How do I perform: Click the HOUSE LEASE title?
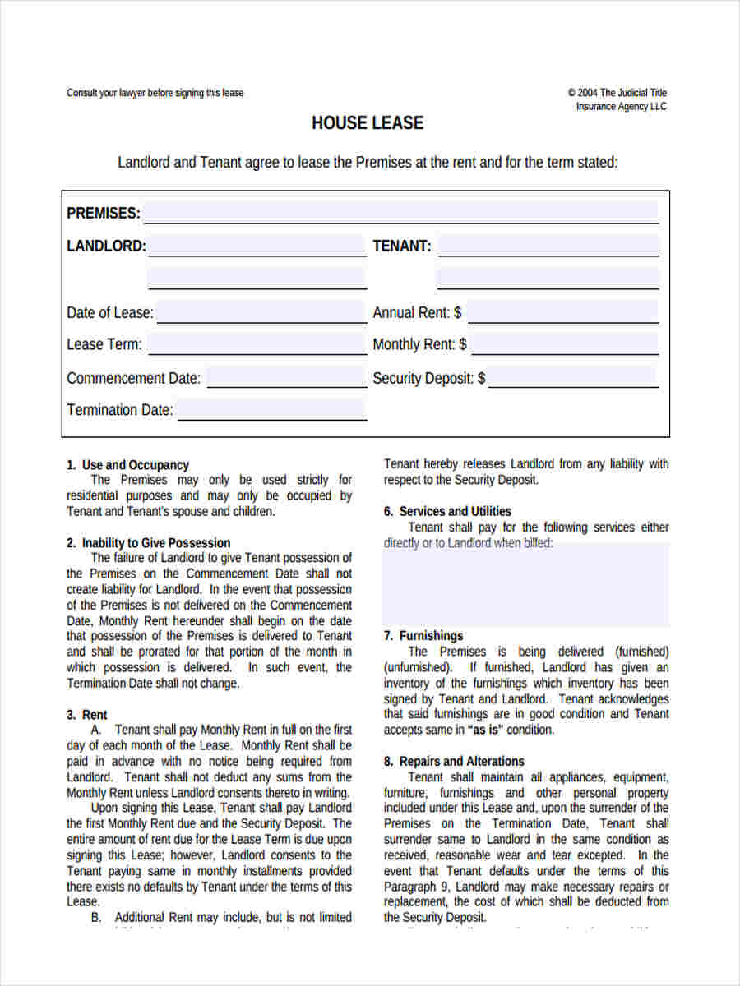click(368, 123)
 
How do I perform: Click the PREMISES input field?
click(401, 212)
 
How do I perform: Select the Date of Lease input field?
click(261, 312)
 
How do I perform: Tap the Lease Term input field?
click(257, 344)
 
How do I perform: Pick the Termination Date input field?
click(271, 409)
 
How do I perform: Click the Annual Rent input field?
click(562, 312)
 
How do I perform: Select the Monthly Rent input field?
click(564, 344)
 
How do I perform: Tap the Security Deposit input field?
click(573, 378)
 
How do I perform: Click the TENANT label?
click(401, 246)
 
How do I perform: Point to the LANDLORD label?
click(106, 246)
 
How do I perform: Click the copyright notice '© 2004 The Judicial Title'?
click(617, 93)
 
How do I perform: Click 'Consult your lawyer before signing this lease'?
click(155, 93)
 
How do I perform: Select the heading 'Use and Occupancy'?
click(135, 465)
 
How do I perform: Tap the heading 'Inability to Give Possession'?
click(155, 543)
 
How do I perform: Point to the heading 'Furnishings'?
click(431, 636)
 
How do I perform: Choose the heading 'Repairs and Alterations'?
click(461, 762)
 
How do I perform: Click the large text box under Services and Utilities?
click(525, 585)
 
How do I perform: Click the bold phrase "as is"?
click(485, 730)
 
